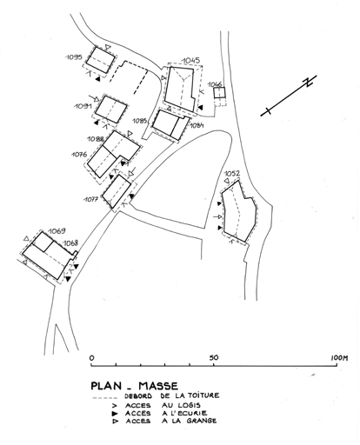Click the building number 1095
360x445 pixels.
(x=74, y=57)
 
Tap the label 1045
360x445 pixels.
(x=190, y=61)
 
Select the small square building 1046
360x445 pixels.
(x=219, y=93)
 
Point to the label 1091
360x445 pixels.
(x=83, y=106)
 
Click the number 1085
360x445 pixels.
(x=141, y=121)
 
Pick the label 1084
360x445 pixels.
(x=197, y=125)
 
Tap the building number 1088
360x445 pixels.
(x=96, y=139)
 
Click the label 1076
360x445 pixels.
(x=79, y=155)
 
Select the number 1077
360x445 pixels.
(x=91, y=199)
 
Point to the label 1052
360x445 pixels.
(x=232, y=174)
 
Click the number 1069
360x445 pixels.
(x=57, y=231)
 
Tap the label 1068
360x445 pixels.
(x=70, y=242)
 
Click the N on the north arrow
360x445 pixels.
(x=308, y=82)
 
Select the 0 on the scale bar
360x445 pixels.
(x=92, y=358)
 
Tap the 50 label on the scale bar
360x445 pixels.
(x=214, y=357)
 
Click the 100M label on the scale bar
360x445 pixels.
(x=339, y=358)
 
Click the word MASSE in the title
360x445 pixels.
(x=158, y=386)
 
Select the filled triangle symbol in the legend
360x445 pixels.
(x=115, y=414)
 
